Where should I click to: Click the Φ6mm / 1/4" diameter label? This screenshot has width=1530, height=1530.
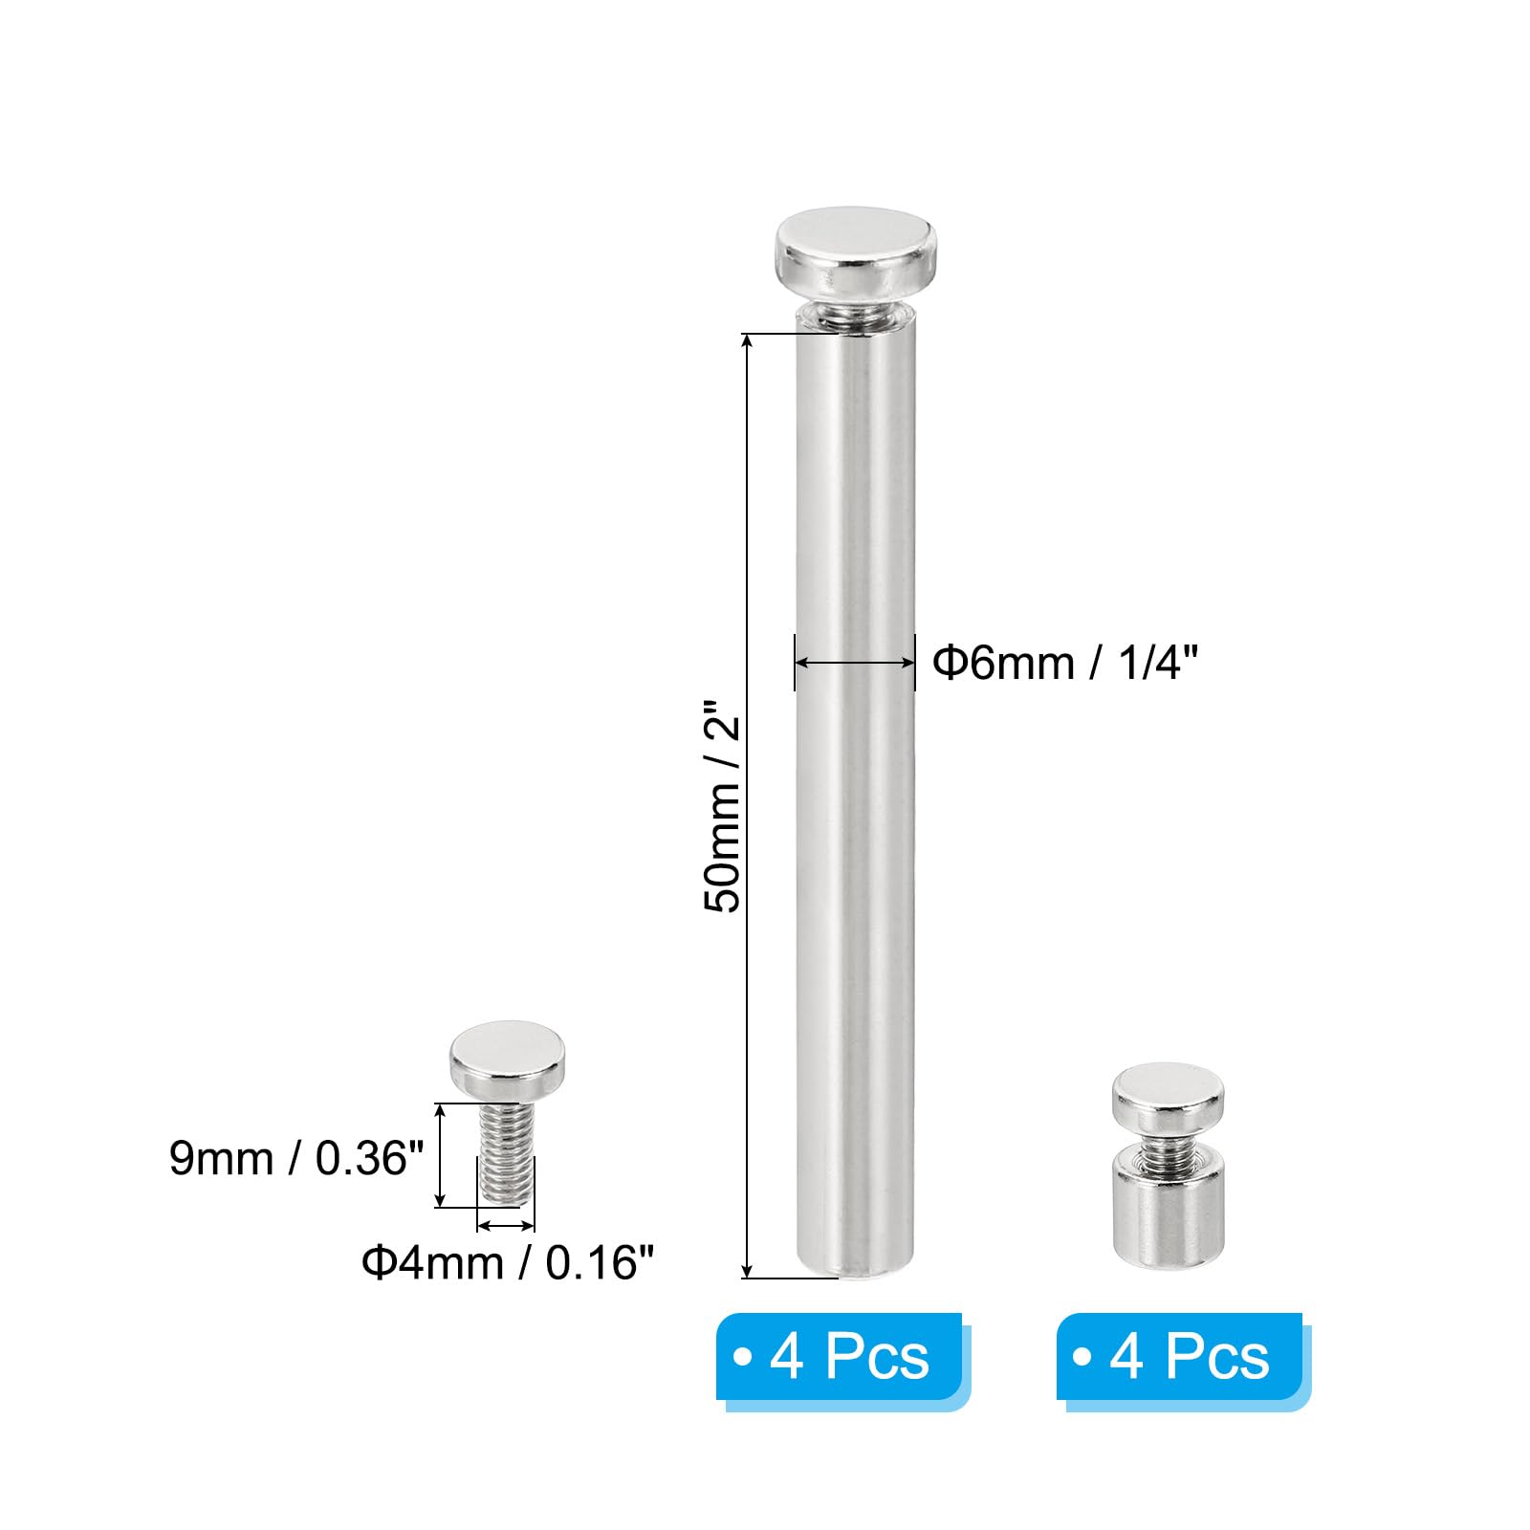coord(1064,662)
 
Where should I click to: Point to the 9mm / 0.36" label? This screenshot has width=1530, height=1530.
coord(296,1158)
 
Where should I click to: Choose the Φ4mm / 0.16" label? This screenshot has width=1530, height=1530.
coord(507,1262)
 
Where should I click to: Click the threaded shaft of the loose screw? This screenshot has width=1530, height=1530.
coord(507,1153)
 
